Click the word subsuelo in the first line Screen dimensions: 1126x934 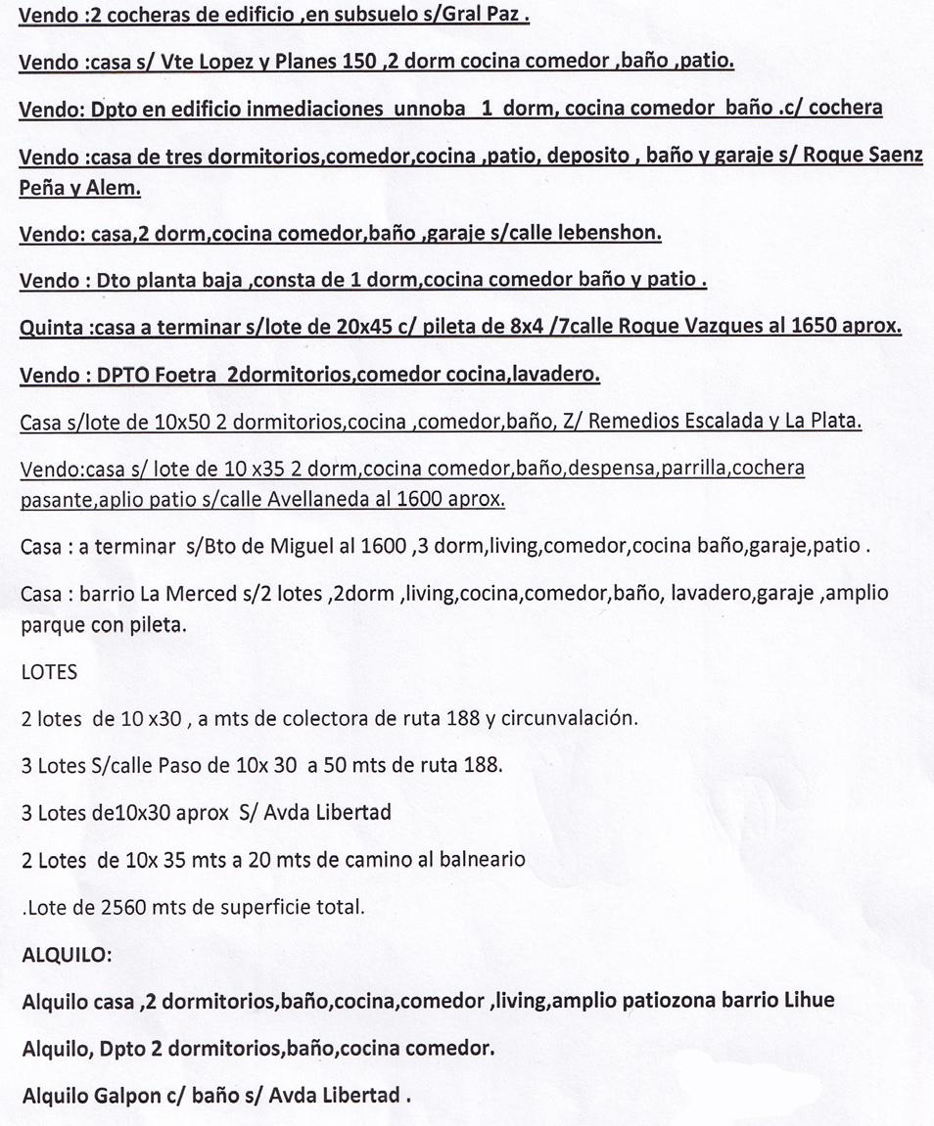[369, 15]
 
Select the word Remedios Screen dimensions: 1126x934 [637, 422]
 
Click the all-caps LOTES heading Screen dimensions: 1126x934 [49, 672]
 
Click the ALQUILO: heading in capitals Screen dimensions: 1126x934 [67, 954]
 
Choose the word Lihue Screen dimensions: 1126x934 [810, 1001]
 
